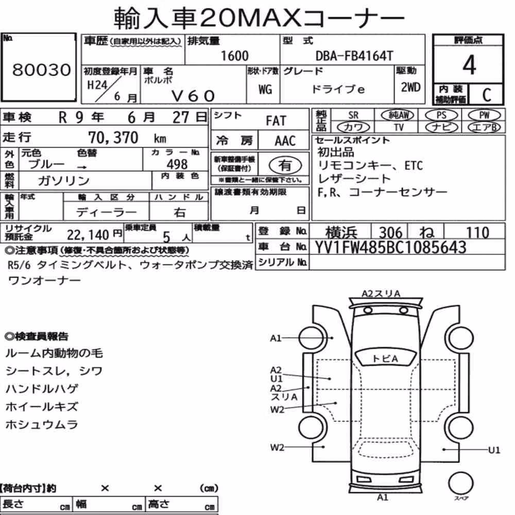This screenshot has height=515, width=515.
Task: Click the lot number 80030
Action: (42, 70)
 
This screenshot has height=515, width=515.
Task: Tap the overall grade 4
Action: (469, 65)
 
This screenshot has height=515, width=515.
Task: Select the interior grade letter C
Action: (487, 95)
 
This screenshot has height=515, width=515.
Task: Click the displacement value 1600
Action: (234, 56)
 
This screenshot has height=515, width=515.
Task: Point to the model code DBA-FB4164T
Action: (354, 56)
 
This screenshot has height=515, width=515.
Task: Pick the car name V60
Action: (193, 96)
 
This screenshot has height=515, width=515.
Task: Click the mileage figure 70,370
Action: (113, 138)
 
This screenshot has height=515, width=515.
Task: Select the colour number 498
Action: (177, 164)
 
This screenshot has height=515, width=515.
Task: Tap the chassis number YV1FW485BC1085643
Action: (390, 247)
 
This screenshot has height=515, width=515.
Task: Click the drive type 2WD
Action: (410, 88)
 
